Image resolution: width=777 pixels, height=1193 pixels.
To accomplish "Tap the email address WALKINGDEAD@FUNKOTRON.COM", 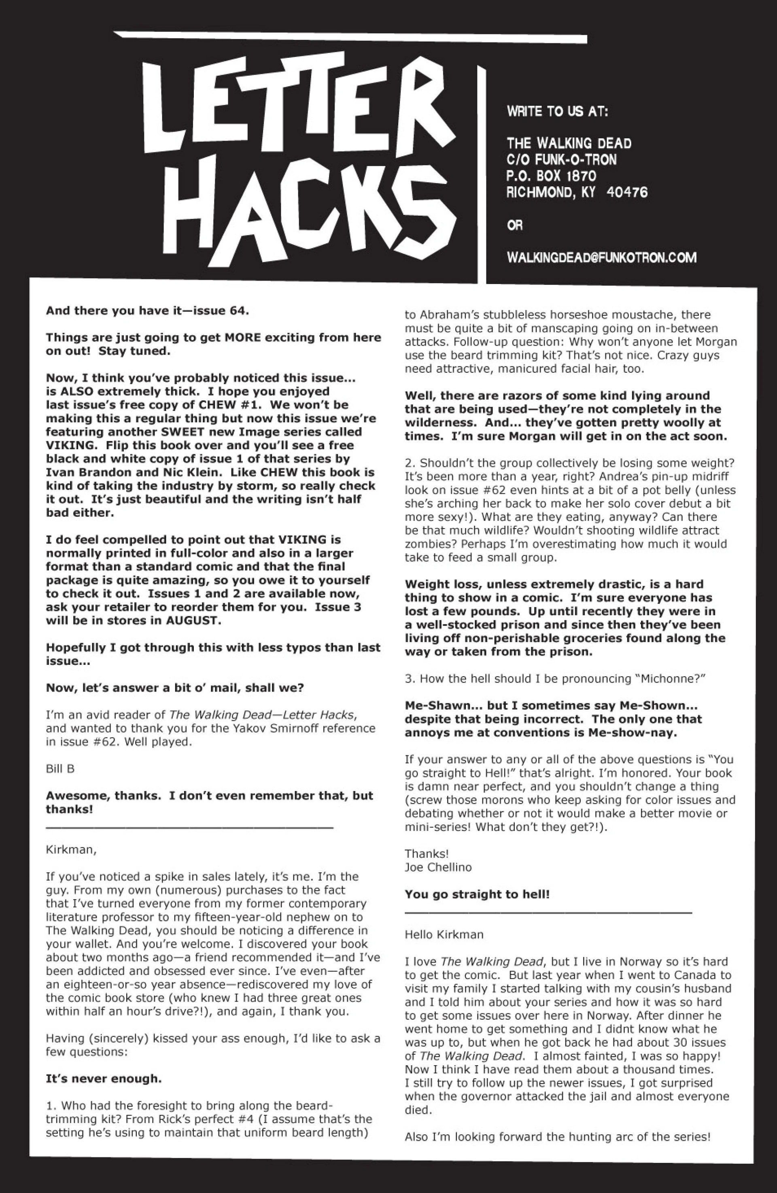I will click(x=601, y=258).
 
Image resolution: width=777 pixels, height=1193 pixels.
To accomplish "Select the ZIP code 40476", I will click(x=627, y=192).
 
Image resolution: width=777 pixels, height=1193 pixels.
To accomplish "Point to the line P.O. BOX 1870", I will click(x=551, y=176).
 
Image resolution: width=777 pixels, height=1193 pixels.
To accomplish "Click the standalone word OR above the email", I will click(x=515, y=226).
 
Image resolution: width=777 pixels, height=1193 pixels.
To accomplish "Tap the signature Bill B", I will click(x=60, y=768).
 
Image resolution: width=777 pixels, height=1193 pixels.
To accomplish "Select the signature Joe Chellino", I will click(x=438, y=867).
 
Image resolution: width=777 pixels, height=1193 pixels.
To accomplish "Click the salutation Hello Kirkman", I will click(x=444, y=934).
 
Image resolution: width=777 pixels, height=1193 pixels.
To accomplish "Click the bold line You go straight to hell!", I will click(x=477, y=894).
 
